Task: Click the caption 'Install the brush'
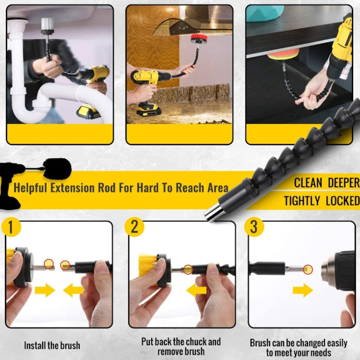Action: tap(52, 345)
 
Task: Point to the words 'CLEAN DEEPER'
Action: tap(326, 183)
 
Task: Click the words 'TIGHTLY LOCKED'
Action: tap(322, 201)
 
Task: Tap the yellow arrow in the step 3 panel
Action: tap(302, 290)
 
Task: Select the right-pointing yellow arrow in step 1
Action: tap(45, 290)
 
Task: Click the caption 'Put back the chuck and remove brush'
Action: tap(181, 346)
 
